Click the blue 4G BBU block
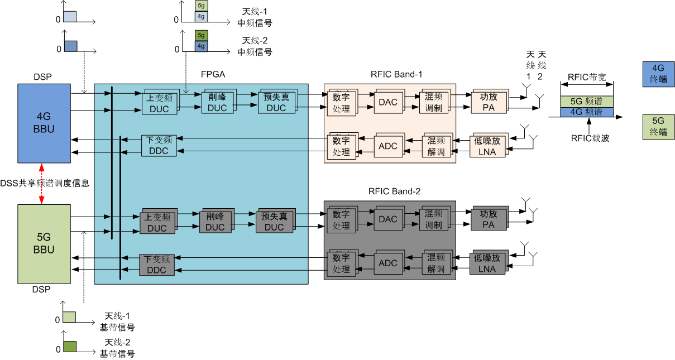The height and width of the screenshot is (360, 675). [x=44, y=123]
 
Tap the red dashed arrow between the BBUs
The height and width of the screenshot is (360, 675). [x=42, y=184]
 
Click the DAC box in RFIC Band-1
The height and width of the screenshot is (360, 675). [x=387, y=102]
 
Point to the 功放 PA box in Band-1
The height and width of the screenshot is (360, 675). [x=488, y=102]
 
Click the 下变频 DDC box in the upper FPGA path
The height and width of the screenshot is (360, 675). [x=158, y=145]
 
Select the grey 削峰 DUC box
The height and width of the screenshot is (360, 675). [x=214, y=222]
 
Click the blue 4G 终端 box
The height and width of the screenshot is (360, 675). [x=658, y=74]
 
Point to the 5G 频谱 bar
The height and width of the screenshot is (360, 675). [x=587, y=102]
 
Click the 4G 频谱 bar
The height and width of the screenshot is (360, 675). [x=587, y=112]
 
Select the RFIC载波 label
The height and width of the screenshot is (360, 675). [x=590, y=138]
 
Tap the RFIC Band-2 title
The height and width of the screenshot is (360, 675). [x=394, y=191]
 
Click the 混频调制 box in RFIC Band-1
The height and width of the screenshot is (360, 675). [x=433, y=102]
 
